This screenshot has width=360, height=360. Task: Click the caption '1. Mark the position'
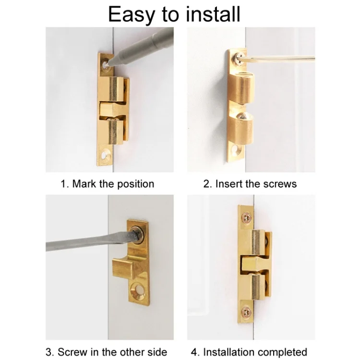[x=108, y=184]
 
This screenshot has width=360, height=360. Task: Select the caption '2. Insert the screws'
[x=250, y=184]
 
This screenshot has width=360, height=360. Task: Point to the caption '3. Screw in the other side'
[x=107, y=352]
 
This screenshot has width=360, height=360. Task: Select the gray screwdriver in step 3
[x=86, y=242]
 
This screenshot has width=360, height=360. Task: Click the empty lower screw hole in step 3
[x=140, y=290]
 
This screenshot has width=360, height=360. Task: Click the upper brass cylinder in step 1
[x=115, y=88]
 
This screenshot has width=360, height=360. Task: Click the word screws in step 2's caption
[x=280, y=184]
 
